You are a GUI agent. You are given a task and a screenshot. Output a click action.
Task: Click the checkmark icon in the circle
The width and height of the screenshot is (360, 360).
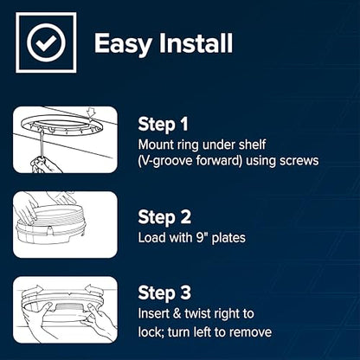pyautogui.click(x=46, y=42)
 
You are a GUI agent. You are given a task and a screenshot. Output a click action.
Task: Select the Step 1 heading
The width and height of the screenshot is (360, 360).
pyautogui.click(x=163, y=125)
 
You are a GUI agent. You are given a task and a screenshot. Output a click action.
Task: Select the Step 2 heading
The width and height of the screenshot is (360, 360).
pyautogui.click(x=164, y=217)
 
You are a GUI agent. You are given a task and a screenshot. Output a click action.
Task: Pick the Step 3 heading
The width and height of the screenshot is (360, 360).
pyautogui.click(x=164, y=292)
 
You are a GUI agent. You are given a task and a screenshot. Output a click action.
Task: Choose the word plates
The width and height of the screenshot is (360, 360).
pyautogui.click(x=228, y=238)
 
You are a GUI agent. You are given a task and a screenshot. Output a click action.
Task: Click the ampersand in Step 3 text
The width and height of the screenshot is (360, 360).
pyautogui.click(x=177, y=313)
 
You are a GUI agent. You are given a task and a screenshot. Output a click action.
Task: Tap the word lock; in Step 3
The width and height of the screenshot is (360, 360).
pyautogui.click(x=151, y=332)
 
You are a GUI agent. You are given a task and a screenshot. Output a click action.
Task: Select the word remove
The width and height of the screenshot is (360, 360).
pyautogui.click(x=253, y=332)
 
